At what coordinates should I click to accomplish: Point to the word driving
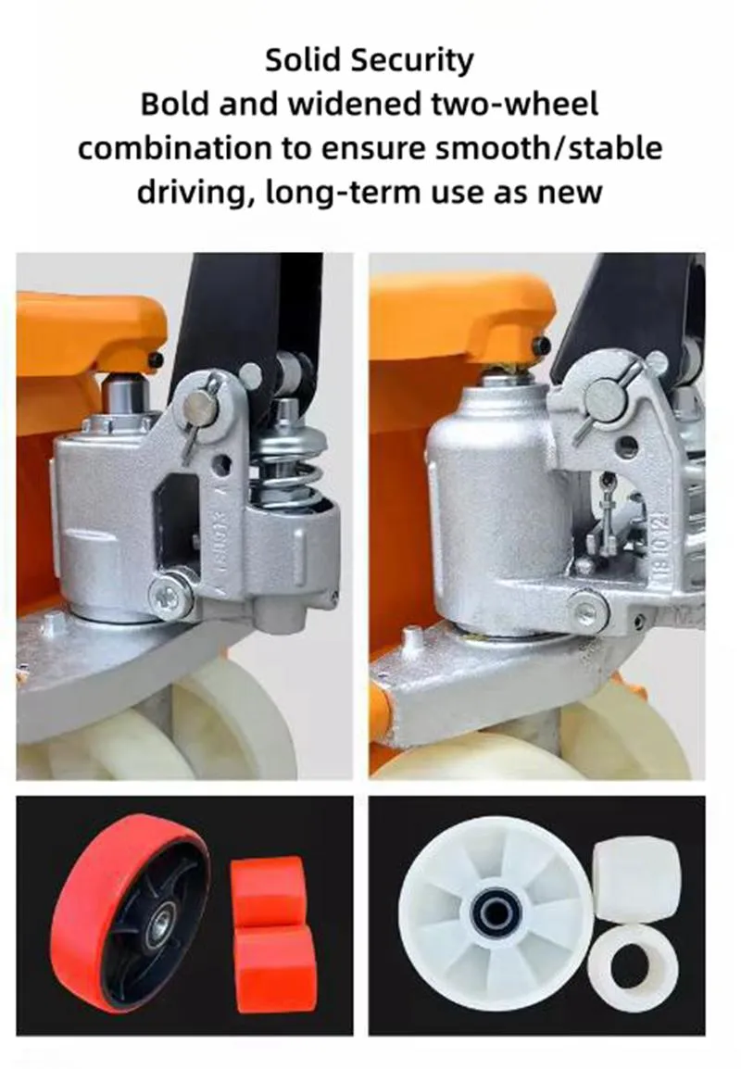tap(193, 193)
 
